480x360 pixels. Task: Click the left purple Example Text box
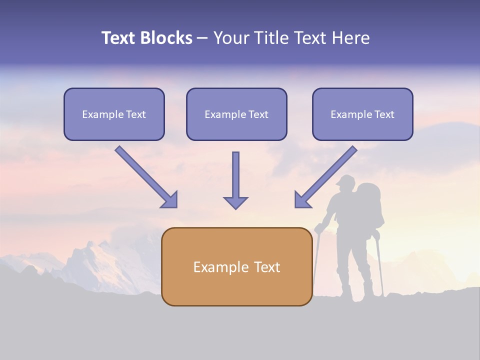pyautogui.click(x=114, y=114)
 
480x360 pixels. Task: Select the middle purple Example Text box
pyautogui.click(x=236, y=114)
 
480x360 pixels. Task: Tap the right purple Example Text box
pyautogui.click(x=362, y=114)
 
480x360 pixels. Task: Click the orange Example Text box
pyautogui.click(x=236, y=267)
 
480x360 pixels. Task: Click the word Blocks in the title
pyautogui.click(x=165, y=38)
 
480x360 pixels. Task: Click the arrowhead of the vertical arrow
pyautogui.click(x=235, y=202)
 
